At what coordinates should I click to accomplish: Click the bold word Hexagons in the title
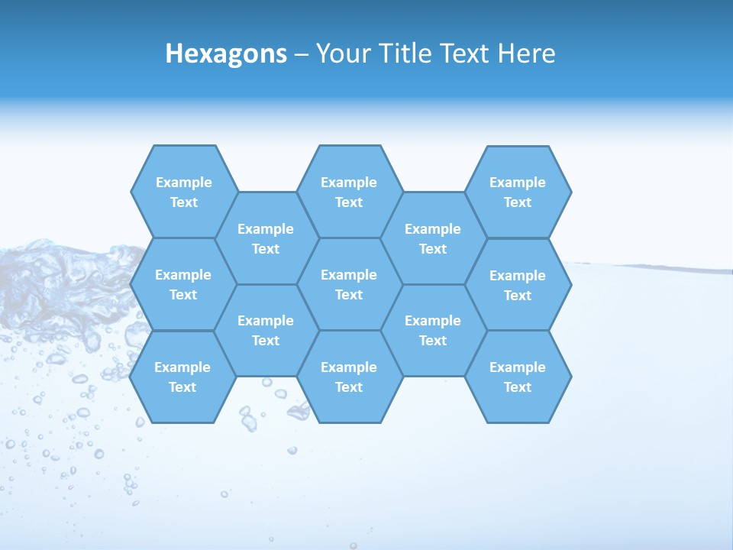(x=226, y=53)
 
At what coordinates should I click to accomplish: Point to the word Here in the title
(x=527, y=53)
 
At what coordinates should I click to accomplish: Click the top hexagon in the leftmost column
(x=184, y=192)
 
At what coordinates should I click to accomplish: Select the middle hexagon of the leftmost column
(x=184, y=284)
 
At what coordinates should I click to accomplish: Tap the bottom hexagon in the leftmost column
(x=182, y=377)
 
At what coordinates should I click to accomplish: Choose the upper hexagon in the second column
(x=266, y=238)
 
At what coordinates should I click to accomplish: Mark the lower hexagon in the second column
(x=266, y=330)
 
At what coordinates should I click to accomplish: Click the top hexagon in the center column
(x=349, y=192)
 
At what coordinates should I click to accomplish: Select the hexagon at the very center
(x=349, y=284)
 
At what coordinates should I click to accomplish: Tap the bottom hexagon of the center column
(x=349, y=377)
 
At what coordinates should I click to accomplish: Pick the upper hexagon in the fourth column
(x=433, y=238)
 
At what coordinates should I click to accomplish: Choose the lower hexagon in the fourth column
(x=433, y=330)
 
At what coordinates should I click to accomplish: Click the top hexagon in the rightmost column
(x=518, y=192)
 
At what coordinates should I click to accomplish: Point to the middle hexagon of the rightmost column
(x=518, y=285)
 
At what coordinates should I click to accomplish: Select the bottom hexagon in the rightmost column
(x=518, y=377)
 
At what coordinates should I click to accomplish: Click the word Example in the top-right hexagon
(x=518, y=183)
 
